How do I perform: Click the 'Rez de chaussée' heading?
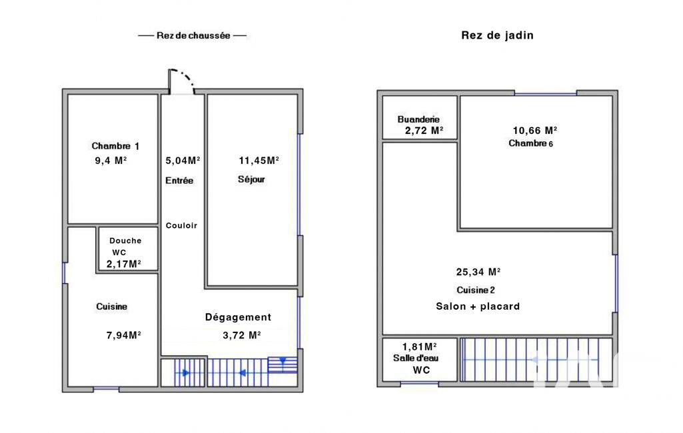tap(193, 36)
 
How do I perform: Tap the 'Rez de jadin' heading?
tap(498, 35)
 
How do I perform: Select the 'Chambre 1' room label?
tap(115, 146)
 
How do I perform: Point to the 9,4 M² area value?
tap(111, 161)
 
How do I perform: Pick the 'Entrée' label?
tap(179, 181)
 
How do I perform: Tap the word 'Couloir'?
tap(181, 225)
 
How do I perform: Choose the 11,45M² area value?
tap(259, 161)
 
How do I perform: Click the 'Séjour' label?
tap(251, 179)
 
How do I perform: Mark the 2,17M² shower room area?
tap(124, 264)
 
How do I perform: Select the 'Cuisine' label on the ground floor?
tap(111, 306)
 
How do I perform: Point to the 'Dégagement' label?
tap(238, 317)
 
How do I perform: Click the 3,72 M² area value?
tap(242, 335)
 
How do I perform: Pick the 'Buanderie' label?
tap(418, 119)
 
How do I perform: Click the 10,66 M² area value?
tap(535, 131)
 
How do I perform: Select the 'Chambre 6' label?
tap(531, 143)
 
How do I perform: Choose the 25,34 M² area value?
tap(478, 272)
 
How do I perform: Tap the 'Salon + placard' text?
tap(478, 306)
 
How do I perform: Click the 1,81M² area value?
tap(420, 347)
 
